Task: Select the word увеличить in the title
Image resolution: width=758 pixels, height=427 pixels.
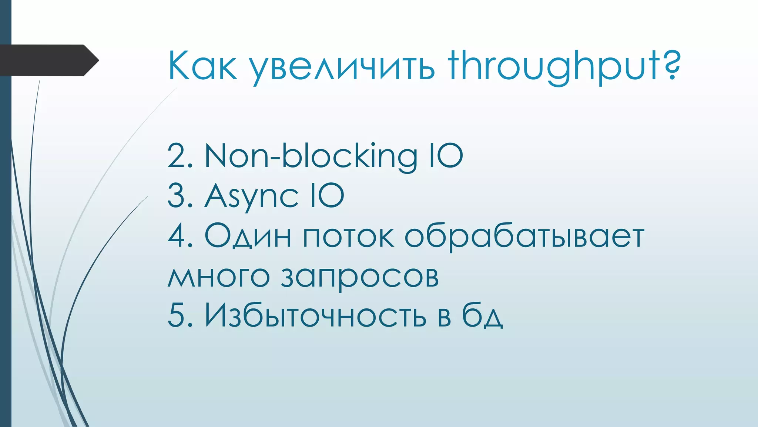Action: [x=342, y=67]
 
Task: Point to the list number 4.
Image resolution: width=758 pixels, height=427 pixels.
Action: [x=180, y=236]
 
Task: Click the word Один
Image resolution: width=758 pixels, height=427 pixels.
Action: [x=248, y=236]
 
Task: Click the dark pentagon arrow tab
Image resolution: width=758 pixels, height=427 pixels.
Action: [x=48, y=60]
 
